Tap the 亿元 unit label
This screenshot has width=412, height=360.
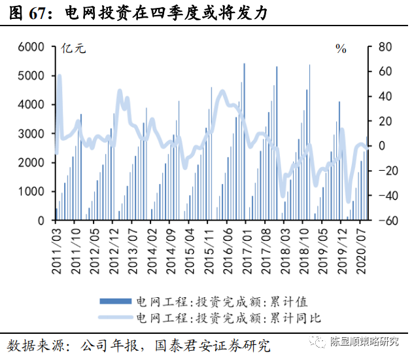pos(73,48)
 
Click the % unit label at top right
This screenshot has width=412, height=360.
pos(341,48)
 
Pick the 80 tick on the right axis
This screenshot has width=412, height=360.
pos(385,47)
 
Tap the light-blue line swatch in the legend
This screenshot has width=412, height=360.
pos(116,318)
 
